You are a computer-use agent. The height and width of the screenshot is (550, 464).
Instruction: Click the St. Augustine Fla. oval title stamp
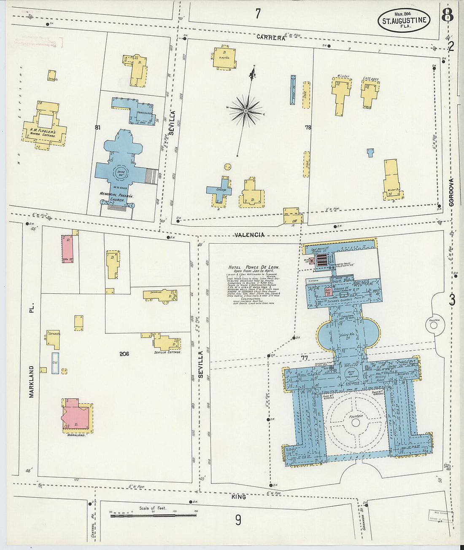point(404,20)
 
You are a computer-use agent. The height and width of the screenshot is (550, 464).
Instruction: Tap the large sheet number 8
point(448,16)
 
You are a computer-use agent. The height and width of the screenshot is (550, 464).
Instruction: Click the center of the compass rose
point(245,111)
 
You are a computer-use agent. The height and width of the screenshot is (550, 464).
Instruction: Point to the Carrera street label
point(271,38)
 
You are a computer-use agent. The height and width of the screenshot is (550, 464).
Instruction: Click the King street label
point(239,497)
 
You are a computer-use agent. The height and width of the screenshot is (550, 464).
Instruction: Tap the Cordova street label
point(451,192)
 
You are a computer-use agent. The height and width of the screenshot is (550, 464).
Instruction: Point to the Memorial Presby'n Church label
point(116,196)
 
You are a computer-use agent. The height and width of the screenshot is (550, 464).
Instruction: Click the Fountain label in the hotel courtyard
point(355,416)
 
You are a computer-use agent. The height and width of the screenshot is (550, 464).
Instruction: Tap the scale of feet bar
point(153,515)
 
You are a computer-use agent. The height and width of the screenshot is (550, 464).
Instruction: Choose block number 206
point(124,354)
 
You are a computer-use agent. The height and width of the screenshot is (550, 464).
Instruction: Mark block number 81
point(97,127)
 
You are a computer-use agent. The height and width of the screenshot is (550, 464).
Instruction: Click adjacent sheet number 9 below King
point(238,520)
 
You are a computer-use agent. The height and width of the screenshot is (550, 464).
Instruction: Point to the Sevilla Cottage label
point(167,352)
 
